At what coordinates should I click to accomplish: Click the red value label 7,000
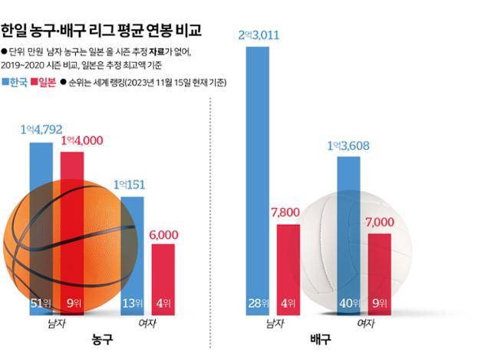click(380, 222)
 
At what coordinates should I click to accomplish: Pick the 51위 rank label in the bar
click(41, 302)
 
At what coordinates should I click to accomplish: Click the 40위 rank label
click(350, 302)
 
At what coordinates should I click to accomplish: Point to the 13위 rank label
click(133, 302)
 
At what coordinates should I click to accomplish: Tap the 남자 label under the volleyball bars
click(274, 324)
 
